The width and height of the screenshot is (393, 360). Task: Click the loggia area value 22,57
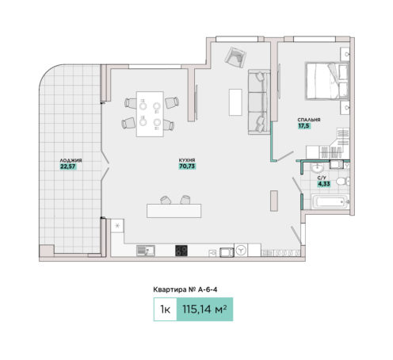(x=68, y=167)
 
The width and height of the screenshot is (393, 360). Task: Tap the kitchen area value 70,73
(x=187, y=167)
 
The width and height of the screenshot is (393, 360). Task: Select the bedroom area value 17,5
(x=303, y=126)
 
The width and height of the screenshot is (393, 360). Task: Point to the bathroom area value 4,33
(x=324, y=183)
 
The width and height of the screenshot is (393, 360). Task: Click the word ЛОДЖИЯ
(x=71, y=160)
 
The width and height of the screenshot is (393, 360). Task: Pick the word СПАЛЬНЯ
(x=309, y=120)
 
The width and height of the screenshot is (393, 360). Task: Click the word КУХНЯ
(x=187, y=160)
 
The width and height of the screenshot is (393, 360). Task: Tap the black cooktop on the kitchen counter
(x=181, y=251)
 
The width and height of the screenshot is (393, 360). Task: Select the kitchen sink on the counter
(x=146, y=251)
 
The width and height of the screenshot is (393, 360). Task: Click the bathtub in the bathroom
(x=330, y=202)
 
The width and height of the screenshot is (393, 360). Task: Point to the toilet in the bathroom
(x=342, y=182)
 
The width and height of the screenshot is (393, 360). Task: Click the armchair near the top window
(x=235, y=57)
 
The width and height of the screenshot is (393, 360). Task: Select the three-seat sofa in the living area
(x=259, y=101)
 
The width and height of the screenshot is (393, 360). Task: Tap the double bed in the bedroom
(x=327, y=81)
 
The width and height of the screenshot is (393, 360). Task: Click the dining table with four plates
(x=150, y=114)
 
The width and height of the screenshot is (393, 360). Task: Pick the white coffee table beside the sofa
(x=235, y=102)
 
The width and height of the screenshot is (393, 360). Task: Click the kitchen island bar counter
(x=174, y=211)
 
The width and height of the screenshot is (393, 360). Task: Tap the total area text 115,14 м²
(x=204, y=309)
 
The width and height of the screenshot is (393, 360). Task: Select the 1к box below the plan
(x=166, y=309)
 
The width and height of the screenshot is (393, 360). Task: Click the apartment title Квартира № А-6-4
(x=185, y=289)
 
